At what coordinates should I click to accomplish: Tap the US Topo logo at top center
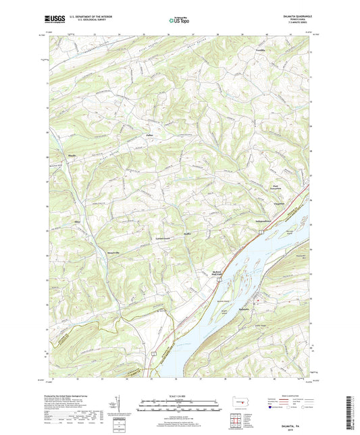tap(178, 21)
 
